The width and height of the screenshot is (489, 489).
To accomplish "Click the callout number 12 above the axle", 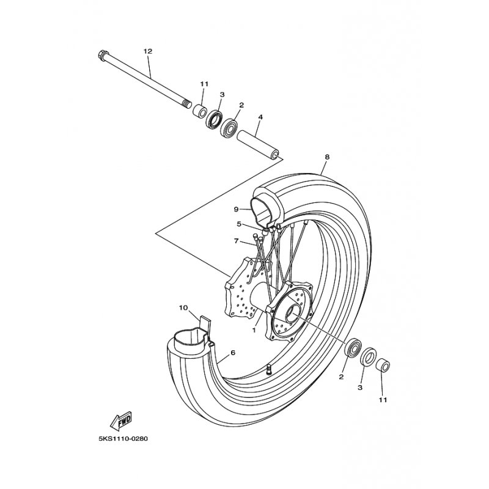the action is point(148,51).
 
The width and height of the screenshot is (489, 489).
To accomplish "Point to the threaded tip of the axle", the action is point(187,103).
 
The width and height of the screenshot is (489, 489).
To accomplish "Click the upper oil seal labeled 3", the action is point(215,119).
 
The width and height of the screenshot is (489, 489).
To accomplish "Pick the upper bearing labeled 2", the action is point(229,127).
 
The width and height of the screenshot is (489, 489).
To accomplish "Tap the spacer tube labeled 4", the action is point(258,145).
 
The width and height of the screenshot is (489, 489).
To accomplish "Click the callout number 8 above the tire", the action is point(327,157).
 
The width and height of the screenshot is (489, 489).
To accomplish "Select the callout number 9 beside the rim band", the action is point(236,209).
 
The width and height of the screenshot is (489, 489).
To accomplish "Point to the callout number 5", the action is point(239,224).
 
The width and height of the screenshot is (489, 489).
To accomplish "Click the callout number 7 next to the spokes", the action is point(236,241).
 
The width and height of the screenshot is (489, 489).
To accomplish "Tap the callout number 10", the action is point(183,308).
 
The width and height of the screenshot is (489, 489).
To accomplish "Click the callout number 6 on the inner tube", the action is point(233,353).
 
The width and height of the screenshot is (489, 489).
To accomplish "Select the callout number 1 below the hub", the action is point(254,330).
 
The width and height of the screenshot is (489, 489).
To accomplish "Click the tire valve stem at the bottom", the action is point(268,370).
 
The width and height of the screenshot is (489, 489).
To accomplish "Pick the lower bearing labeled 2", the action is point(353,348).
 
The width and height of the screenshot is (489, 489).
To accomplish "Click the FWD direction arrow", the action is point(121,421).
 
